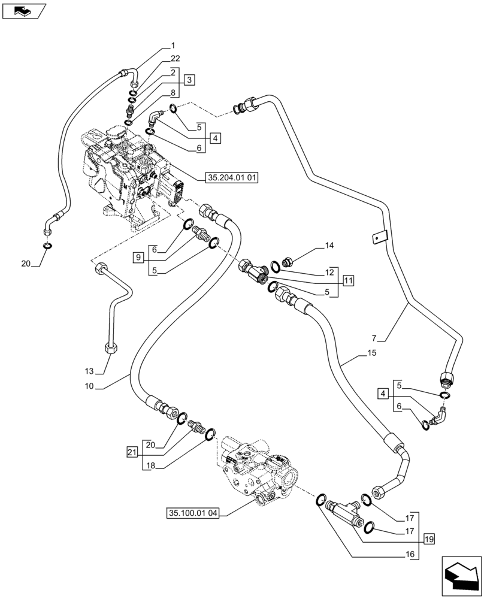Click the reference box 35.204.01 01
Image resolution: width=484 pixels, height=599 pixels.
coord(231,178)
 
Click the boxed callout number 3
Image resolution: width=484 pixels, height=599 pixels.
coord(189,80)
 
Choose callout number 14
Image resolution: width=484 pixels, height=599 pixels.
coord(329,246)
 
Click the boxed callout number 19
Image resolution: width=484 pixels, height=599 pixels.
coord(427,539)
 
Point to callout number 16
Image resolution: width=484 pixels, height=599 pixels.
coord(410,555)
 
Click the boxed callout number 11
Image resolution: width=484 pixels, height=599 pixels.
coord(349,279)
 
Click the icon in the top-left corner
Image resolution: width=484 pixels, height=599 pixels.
coord(23,10)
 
